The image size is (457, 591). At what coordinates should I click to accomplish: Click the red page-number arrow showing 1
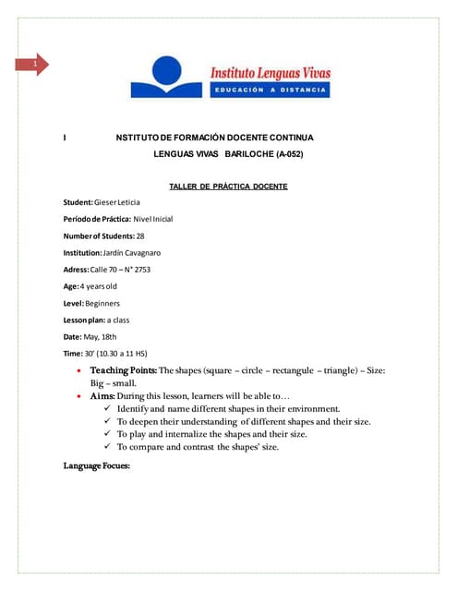35,65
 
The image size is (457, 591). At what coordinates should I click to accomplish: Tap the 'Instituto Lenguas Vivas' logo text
271,73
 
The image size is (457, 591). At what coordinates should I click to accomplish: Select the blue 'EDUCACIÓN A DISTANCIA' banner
271,90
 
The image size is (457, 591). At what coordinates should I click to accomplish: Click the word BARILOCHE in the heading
248,152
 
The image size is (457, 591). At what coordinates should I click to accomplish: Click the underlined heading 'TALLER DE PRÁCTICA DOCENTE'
228,187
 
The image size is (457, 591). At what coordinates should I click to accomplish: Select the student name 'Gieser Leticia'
117,202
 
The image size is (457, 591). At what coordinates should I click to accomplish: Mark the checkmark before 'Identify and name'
109,408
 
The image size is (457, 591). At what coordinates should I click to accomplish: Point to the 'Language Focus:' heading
97,466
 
